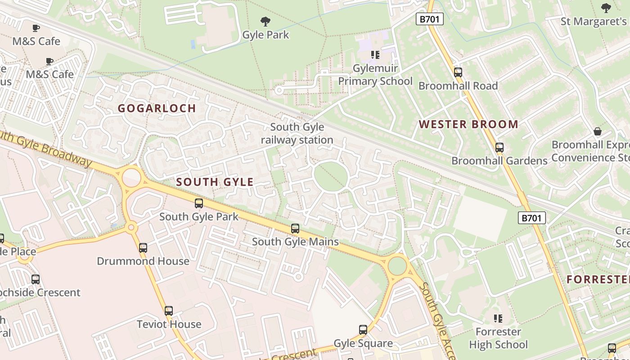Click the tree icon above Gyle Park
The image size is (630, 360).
point(265,21)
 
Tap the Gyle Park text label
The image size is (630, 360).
point(265,35)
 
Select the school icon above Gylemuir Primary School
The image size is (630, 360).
point(375,55)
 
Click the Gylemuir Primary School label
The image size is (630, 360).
point(375,75)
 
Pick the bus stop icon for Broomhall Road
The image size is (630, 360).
point(458,72)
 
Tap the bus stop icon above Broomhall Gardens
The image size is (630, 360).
point(499,147)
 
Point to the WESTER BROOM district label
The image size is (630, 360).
point(468,125)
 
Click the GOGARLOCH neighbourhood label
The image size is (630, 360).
point(157,108)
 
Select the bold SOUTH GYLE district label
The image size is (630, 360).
point(215,182)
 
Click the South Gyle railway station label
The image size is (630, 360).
point(297,134)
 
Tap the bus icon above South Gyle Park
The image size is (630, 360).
point(199,203)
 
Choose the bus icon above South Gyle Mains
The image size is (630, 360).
point(295,228)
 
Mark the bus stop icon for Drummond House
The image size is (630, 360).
point(143,247)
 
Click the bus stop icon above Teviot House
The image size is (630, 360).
point(169,310)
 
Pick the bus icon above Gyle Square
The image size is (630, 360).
point(363,330)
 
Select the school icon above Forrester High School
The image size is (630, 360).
point(498,319)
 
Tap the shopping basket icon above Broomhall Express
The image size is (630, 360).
point(598,131)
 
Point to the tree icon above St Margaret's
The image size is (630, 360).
point(606,8)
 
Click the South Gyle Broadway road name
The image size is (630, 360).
point(45,148)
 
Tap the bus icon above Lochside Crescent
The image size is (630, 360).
point(36,279)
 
